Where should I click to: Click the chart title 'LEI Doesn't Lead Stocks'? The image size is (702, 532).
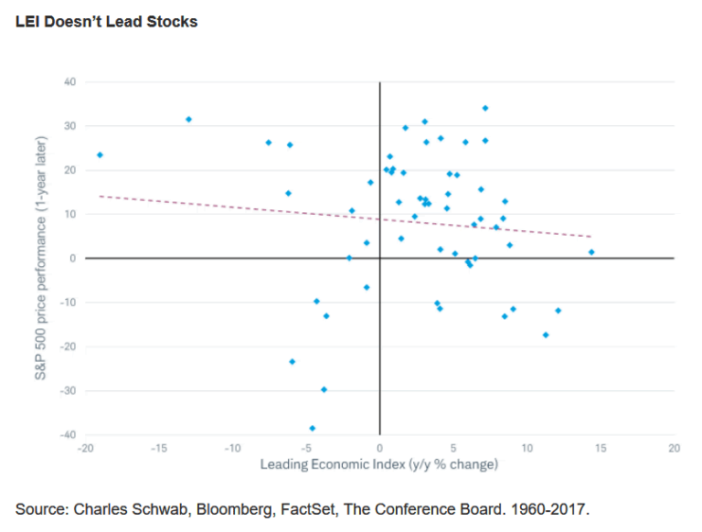tap(107, 21)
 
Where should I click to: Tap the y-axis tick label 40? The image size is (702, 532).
tap(69, 82)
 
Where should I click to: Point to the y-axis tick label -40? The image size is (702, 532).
tap(67, 434)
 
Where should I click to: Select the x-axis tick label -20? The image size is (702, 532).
tap(85, 449)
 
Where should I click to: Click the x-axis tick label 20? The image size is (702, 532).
tap(674, 449)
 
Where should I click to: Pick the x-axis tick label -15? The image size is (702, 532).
tap(158, 449)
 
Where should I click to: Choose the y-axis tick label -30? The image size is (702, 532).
tap(67, 390)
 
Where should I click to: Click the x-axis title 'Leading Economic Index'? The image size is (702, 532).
tap(378, 464)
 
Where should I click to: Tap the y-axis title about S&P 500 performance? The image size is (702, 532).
tap(42, 259)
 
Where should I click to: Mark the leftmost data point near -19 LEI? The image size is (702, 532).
tap(100, 155)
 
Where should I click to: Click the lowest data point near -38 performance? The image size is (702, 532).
tap(313, 428)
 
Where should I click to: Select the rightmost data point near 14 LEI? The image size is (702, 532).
tap(591, 252)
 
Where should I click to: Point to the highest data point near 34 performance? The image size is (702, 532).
tap(485, 108)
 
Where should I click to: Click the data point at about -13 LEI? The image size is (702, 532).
tap(188, 120)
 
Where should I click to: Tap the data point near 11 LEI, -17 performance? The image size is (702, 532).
tap(546, 335)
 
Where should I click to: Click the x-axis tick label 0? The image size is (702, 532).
tap(379, 449)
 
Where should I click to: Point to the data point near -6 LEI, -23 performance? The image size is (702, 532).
tap(292, 362)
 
